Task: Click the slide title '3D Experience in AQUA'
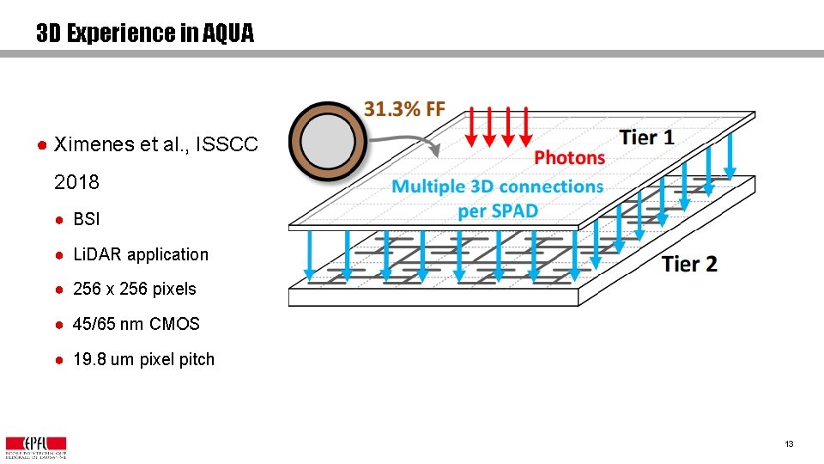click(x=145, y=34)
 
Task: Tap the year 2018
click(x=76, y=182)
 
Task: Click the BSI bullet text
click(x=87, y=219)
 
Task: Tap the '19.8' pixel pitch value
click(x=88, y=359)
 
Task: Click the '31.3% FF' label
click(x=405, y=108)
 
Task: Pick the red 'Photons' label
click(x=569, y=157)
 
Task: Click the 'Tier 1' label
click(x=646, y=137)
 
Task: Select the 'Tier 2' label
click(x=689, y=264)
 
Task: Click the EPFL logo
click(x=36, y=446)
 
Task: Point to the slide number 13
click(x=788, y=444)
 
